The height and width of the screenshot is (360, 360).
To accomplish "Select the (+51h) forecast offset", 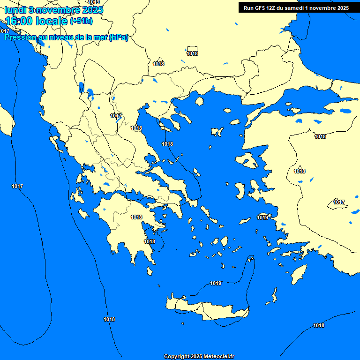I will (x=81, y=21).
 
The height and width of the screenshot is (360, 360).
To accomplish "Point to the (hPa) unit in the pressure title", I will (x=118, y=37).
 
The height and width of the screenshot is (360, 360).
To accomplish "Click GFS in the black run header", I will (x=261, y=8).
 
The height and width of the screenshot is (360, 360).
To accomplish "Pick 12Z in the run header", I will (x=272, y=8).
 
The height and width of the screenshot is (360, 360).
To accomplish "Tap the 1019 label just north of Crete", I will (x=216, y=283).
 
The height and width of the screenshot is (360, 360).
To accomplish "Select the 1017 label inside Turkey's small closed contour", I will (x=339, y=202).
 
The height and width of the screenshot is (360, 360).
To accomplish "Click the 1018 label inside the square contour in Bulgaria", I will (x=192, y=53).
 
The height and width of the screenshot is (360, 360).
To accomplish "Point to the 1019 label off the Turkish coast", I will (x=262, y=217).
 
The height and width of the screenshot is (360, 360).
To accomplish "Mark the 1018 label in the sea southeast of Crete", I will (x=319, y=325).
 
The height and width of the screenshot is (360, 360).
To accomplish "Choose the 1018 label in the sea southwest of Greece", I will (x=109, y=319).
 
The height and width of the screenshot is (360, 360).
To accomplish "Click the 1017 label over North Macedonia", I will (x=116, y=116).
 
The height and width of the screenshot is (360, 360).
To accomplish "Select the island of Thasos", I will (x=199, y=101).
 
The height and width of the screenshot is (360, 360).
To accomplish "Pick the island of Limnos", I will (x=217, y=132).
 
